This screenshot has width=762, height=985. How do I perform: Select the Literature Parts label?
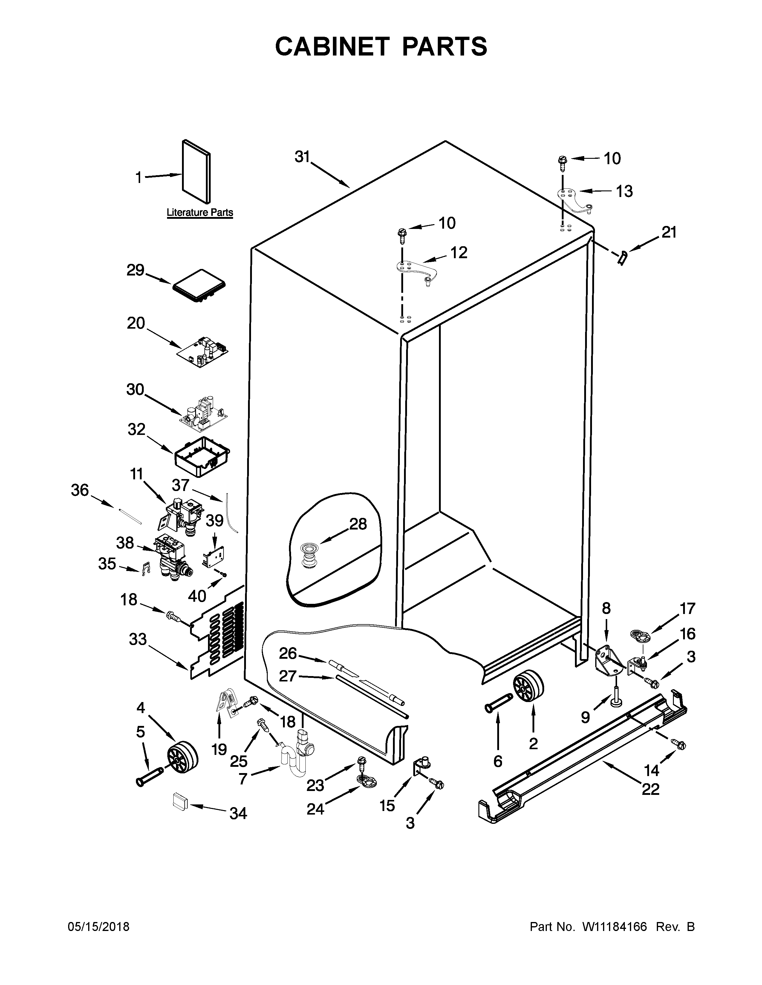click(200, 213)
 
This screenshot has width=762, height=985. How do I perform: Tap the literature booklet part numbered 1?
click(196, 171)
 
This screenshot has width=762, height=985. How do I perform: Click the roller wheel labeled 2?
click(528, 686)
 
